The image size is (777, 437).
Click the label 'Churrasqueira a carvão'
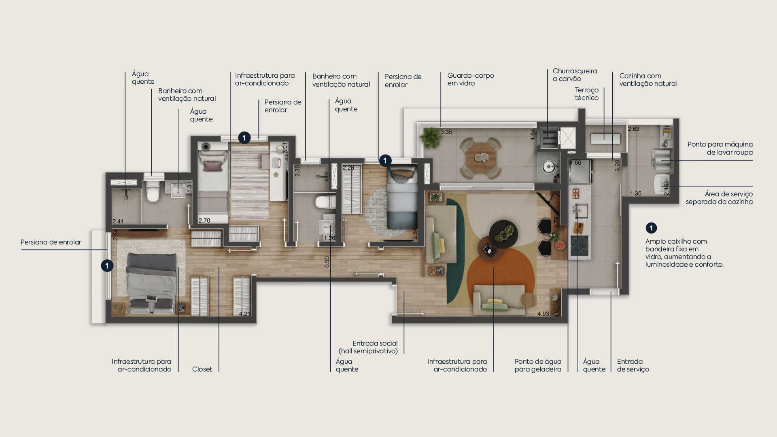[575, 75]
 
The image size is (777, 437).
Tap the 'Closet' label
[202, 369]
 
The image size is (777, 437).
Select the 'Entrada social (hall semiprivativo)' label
[368, 347]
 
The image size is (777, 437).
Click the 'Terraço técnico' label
[586, 94]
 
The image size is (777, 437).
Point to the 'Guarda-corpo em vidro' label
[471, 79]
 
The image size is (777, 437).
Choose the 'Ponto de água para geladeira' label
[538, 365]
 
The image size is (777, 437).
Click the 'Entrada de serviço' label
[633, 365]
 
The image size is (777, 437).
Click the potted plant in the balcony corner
[430, 137]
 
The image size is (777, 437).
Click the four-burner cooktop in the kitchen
[579, 245]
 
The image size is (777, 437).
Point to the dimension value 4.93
[543, 314]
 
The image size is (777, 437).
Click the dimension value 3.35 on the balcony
[446, 132]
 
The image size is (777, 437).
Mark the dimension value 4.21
[244, 314]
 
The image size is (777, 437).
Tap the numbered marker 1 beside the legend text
[651, 228]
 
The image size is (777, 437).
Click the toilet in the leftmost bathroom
[153, 191]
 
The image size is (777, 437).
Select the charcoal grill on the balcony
[548, 138]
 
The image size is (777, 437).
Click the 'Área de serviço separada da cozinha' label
[719, 198]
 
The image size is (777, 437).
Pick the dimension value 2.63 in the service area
[633, 129]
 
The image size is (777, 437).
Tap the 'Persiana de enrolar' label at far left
[51, 242]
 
